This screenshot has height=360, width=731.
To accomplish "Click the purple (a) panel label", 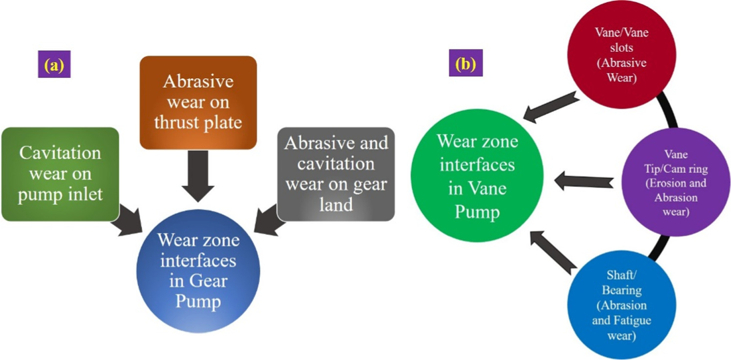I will [54, 64].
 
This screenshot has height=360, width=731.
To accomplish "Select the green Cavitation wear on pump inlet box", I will [60, 174].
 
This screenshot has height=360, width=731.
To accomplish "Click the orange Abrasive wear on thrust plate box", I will [198, 102].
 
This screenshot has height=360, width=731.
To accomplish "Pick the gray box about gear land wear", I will [336, 174].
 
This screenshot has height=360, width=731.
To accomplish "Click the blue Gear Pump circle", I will [198, 271].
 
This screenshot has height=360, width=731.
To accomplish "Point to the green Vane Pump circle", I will [477, 177].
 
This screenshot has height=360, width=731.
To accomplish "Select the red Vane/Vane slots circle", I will [621, 54].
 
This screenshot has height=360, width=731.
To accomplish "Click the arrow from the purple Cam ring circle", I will [583, 182].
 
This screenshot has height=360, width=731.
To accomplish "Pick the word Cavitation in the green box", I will [60, 153].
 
